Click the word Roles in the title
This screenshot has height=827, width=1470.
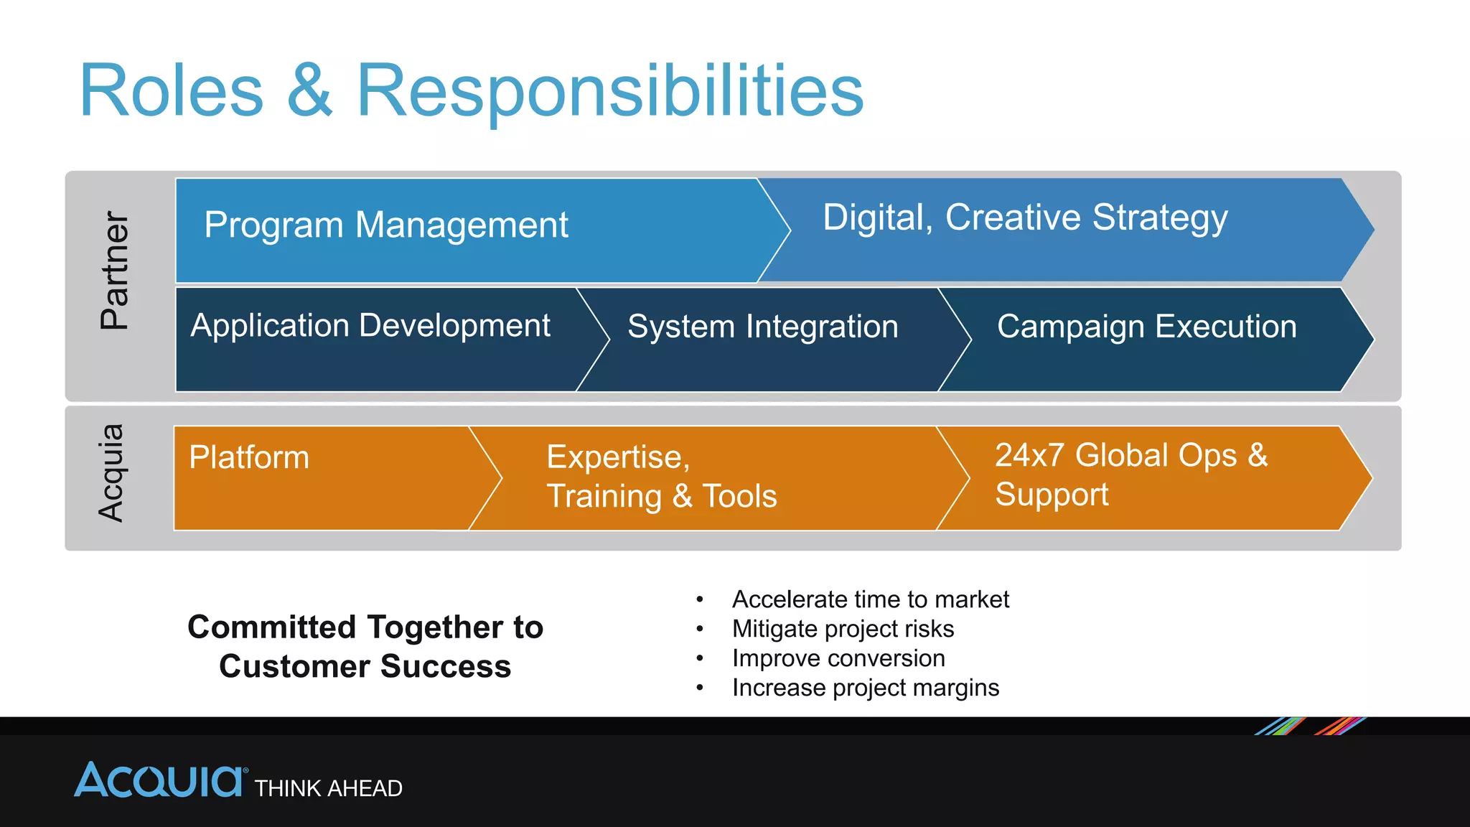click(x=172, y=91)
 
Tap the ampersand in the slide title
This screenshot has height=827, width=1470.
click(x=309, y=91)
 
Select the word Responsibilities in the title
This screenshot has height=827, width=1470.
click(x=609, y=91)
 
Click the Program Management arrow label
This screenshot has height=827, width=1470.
click(x=386, y=225)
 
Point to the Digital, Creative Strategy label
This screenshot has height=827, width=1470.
click(x=1025, y=218)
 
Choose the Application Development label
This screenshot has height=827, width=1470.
click(x=370, y=326)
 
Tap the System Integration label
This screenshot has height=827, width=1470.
click(x=763, y=327)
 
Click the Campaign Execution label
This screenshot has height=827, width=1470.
click(x=1147, y=327)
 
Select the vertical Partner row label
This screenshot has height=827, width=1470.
click(x=115, y=270)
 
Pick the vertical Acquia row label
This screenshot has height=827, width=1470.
click(x=111, y=473)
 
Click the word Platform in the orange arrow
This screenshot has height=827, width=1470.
click(x=249, y=457)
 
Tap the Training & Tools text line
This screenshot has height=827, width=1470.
click(x=662, y=496)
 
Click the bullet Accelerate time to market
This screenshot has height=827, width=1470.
click(x=870, y=599)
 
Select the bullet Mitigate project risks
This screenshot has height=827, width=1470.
click(x=843, y=629)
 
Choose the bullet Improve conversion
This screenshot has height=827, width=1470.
click(x=838, y=658)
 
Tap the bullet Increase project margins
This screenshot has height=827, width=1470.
click(x=865, y=688)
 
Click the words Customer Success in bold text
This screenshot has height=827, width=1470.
click(x=365, y=666)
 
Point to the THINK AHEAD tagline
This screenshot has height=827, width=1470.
click(x=329, y=788)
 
